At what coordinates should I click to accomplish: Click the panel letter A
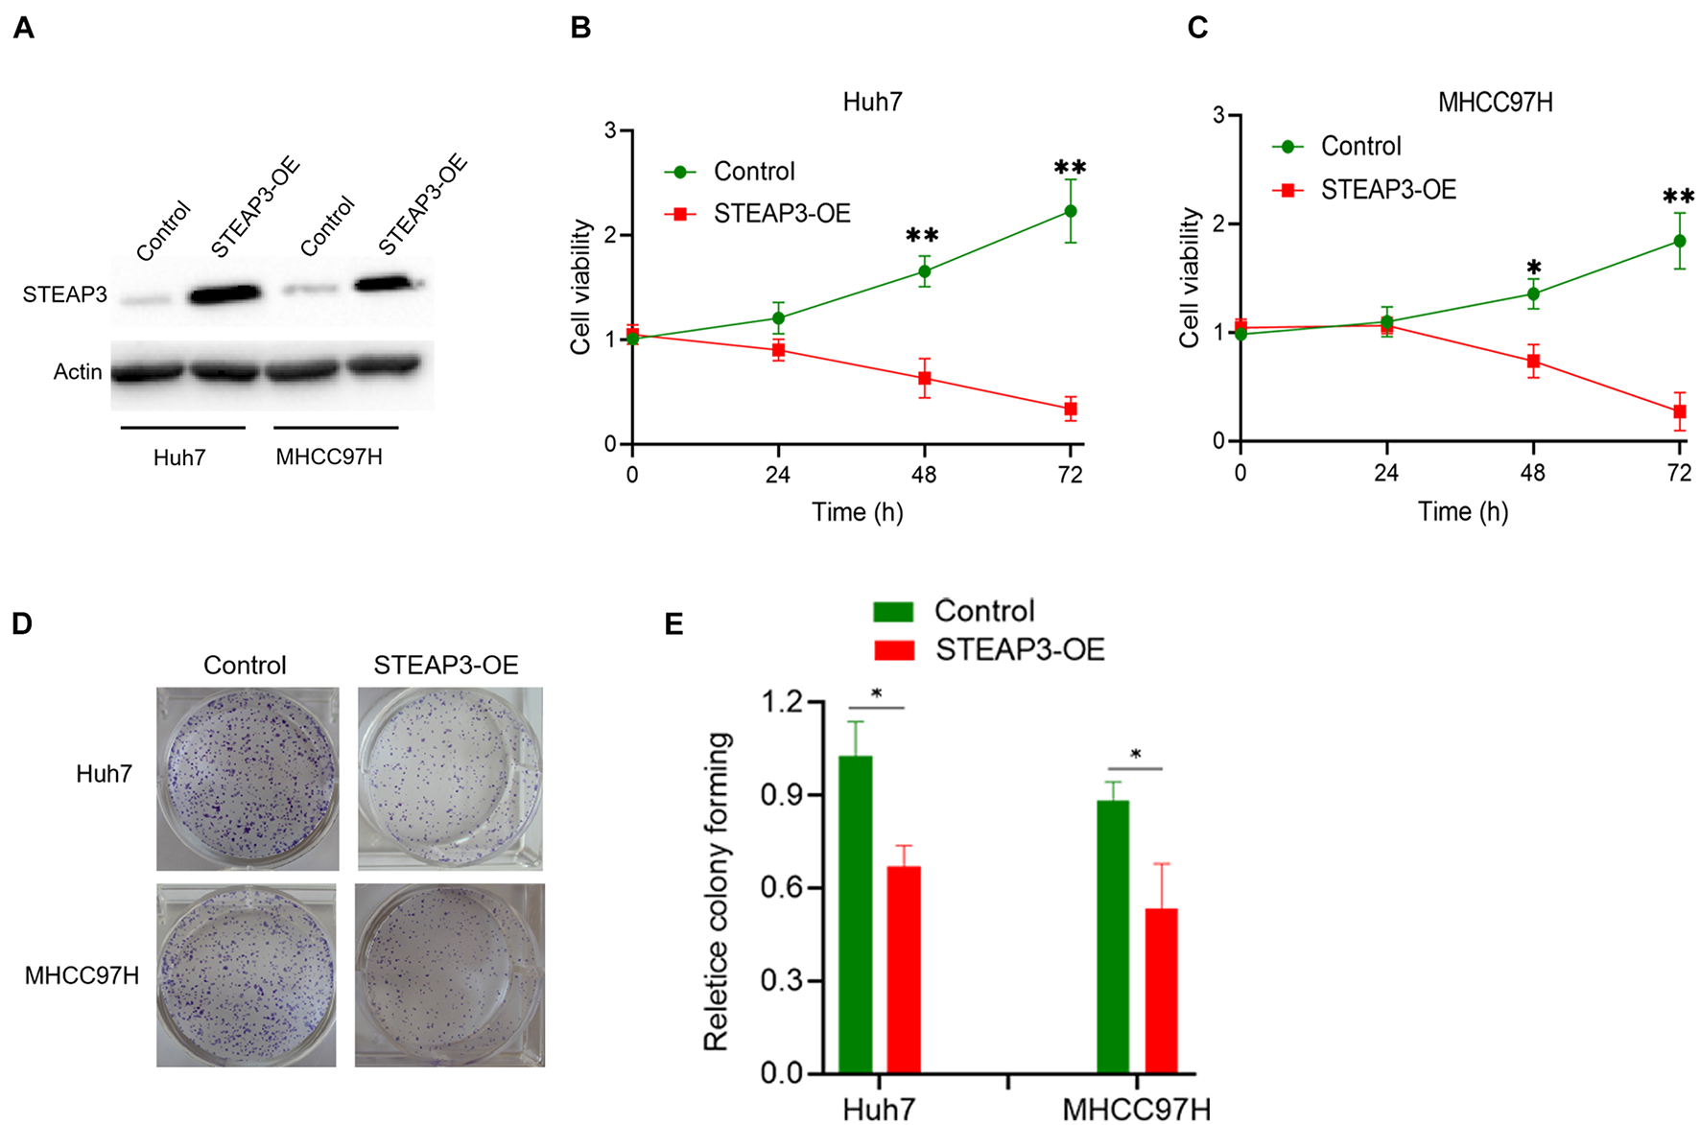click(24, 28)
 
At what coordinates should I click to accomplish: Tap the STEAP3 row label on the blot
click(65, 294)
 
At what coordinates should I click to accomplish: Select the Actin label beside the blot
click(78, 371)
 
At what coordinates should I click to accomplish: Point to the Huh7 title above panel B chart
click(872, 102)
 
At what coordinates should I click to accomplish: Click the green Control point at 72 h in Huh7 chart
click(1070, 211)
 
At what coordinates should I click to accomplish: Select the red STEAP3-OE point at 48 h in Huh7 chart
click(924, 379)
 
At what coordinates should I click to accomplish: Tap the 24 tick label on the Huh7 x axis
click(777, 475)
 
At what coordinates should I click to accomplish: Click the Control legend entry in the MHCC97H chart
click(1360, 146)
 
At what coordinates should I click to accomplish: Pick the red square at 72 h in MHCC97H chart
click(1679, 411)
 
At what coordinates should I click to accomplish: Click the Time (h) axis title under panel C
click(1463, 511)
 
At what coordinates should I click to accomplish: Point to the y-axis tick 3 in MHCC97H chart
click(1218, 115)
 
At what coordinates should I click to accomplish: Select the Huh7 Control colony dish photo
click(248, 778)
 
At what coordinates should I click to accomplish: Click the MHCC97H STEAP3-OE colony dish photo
click(449, 974)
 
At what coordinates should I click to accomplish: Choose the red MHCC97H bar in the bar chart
click(1161, 990)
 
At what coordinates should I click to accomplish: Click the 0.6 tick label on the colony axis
click(781, 888)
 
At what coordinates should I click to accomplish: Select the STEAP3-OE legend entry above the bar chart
click(1019, 650)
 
